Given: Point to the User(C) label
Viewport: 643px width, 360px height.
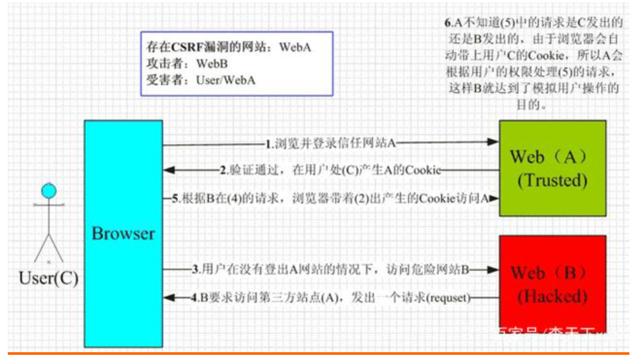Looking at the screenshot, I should pos(49,279).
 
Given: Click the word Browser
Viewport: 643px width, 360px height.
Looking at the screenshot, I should pos(123,234).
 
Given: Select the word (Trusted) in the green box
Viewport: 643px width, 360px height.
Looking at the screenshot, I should pos(552,181).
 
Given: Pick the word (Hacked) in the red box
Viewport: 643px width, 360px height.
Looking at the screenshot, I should pos(552,297).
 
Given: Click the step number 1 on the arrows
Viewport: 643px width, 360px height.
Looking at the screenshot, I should pos(269,142).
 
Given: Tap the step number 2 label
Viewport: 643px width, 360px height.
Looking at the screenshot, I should pos(223,171).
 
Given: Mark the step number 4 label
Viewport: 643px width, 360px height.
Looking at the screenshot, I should pos(194,298).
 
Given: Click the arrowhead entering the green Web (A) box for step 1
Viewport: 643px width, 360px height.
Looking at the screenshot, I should pos(492,142).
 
